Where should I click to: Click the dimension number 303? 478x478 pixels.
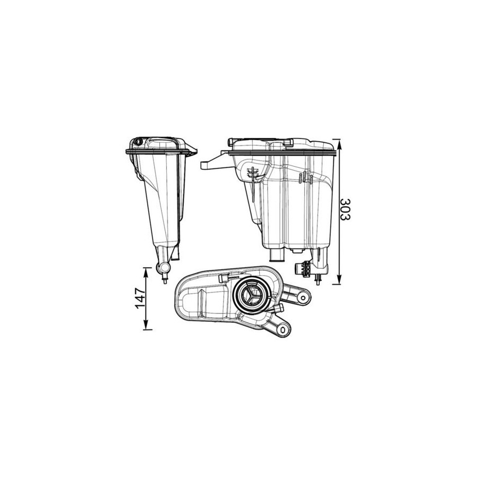click(345, 209)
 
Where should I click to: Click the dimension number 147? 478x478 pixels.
click(141, 298)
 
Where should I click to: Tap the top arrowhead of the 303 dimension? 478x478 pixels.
click(339, 144)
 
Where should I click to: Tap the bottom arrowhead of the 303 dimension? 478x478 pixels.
click(339, 279)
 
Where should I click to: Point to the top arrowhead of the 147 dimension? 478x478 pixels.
click(146, 272)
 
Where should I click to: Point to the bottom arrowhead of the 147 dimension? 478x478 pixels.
click(146, 325)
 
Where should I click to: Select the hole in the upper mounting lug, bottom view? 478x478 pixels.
click(303, 298)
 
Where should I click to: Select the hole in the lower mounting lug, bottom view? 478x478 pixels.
click(283, 329)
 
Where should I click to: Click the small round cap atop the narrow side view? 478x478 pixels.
click(138, 142)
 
